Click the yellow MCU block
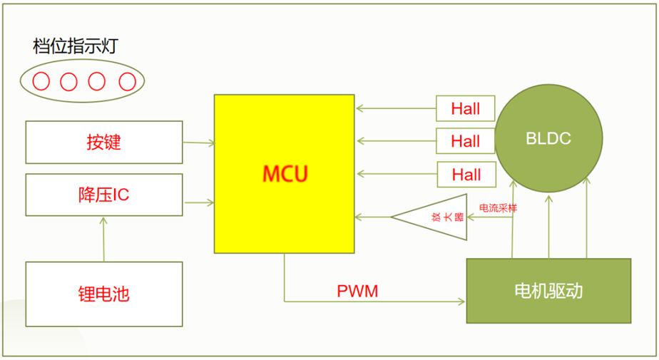coord(284,173)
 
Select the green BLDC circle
coord(548,138)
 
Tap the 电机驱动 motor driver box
coord(548,291)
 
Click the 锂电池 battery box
coord(104,294)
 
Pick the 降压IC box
coord(104,195)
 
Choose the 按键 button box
coord(104,142)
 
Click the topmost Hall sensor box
coord(466,109)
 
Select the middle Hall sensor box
coord(466,141)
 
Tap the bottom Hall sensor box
coord(466,174)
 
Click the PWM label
coord(357,291)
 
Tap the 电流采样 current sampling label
coord(497,208)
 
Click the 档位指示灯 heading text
coord(75,48)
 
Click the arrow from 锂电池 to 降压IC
coord(104,240)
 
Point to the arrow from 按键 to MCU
coord(199,143)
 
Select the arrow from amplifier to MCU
coord(373,216)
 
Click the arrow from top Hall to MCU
coord(396,109)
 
